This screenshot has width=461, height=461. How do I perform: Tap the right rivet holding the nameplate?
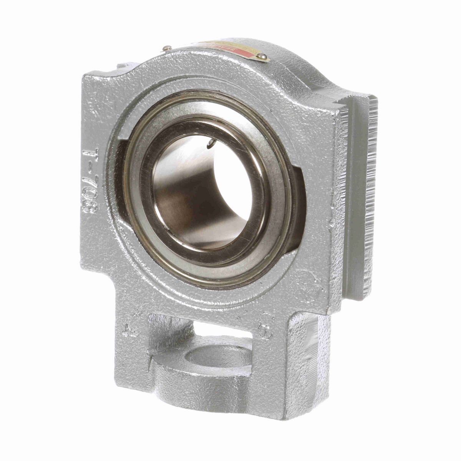263,57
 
